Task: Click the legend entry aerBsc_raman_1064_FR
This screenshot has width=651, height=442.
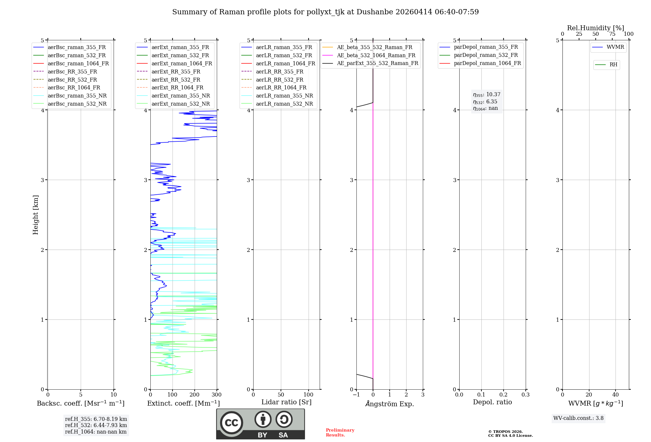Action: pyautogui.click(x=78, y=63)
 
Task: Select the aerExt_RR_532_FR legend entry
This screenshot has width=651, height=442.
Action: pyautogui.click(x=176, y=80)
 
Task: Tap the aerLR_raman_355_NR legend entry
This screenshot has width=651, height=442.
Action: pyautogui.click(x=284, y=96)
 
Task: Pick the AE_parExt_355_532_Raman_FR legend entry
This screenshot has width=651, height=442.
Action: pyautogui.click(x=377, y=63)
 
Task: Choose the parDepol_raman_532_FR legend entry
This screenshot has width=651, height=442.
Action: pyautogui.click(x=486, y=55)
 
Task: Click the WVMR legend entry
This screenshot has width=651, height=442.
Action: pyautogui.click(x=615, y=47)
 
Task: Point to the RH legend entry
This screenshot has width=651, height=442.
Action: pyautogui.click(x=613, y=65)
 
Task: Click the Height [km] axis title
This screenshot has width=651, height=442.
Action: pyautogui.click(x=35, y=215)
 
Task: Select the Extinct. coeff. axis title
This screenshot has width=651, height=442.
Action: pyautogui.click(x=183, y=403)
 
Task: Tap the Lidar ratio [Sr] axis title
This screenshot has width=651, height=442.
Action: pyautogui.click(x=286, y=402)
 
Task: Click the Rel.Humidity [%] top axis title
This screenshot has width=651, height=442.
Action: pyautogui.click(x=595, y=28)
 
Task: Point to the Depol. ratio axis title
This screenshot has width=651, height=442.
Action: pyautogui.click(x=492, y=402)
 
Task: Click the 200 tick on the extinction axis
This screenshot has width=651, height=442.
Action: pyautogui.click(x=194, y=395)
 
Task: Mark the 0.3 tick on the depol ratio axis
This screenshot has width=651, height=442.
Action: pyautogui.click(x=525, y=395)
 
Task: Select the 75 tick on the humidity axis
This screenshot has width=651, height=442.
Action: pyautogui.click(x=612, y=34)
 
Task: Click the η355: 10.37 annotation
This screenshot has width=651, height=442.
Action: pyautogui.click(x=487, y=95)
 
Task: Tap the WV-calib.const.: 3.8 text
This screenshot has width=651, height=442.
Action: pyautogui.click(x=578, y=418)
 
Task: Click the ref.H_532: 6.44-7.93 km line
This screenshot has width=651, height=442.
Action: pyautogui.click(x=96, y=425)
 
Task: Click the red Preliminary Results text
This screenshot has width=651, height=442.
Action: pyautogui.click(x=340, y=433)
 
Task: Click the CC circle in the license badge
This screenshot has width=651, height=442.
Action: pyautogui.click(x=231, y=423)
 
